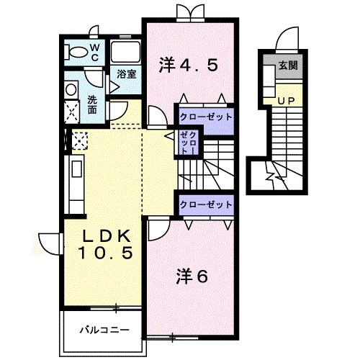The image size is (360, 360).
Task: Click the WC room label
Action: point(95,53)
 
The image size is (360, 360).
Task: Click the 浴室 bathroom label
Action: point(127,74)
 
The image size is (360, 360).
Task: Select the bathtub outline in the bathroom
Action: point(125,52)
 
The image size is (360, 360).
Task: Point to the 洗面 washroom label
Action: point(92,104)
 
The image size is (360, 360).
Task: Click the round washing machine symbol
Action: point(71,90)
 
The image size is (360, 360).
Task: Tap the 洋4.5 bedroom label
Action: point(189,65)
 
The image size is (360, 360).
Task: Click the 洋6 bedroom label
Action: point(192,276)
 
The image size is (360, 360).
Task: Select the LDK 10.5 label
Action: point(105,244)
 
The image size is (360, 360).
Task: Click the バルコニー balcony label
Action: point(104,330)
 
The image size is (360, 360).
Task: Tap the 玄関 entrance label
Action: point(288,66)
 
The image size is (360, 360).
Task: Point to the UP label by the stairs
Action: point(286,101)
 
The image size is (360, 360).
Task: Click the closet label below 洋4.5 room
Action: point(206,117)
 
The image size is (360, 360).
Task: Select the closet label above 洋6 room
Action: point(206,204)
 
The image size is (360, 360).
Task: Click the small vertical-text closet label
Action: point(189,143)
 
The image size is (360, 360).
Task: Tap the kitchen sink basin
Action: point(77,169)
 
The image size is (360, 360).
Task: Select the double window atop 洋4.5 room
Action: point(190,12)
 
